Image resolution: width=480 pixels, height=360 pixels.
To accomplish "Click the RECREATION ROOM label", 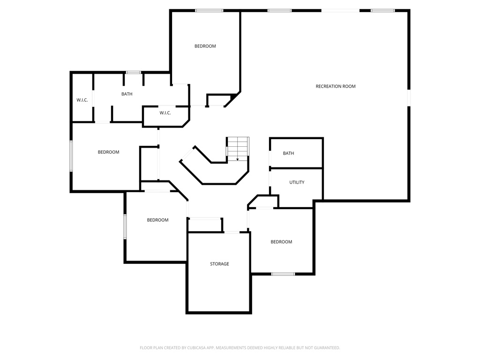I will click(x=335, y=86).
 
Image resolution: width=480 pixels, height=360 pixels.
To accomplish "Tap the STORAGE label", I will click(x=219, y=264).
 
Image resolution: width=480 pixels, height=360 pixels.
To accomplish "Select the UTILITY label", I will click(x=297, y=182).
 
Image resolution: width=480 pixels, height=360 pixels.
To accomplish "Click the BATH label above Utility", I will click(x=288, y=153).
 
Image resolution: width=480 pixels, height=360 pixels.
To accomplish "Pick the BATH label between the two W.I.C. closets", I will click(x=127, y=94).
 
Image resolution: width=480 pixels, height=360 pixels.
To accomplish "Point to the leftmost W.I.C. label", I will click(x=82, y=100).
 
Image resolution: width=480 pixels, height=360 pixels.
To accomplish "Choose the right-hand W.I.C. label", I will click(x=165, y=113).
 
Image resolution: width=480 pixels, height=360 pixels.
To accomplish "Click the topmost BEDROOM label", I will click(x=205, y=46).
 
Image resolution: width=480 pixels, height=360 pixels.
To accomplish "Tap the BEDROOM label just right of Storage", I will click(x=281, y=242).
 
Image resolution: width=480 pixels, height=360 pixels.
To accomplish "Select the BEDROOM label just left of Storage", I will click(x=157, y=220).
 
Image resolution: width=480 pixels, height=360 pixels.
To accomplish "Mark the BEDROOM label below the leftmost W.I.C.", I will click(x=108, y=152).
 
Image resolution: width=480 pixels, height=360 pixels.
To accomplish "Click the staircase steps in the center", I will click(x=238, y=148).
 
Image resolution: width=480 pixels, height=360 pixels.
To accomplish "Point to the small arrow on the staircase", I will click(x=238, y=159).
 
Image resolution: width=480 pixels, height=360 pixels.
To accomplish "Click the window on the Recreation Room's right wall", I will click(x=409, y=97).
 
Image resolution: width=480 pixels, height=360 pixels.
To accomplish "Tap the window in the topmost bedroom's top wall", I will click(x=209, y=10).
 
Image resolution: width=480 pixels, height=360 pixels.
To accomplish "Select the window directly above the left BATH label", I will click(x=134, y=72).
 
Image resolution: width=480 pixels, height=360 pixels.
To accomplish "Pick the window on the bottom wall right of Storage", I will click(x=283, y=274).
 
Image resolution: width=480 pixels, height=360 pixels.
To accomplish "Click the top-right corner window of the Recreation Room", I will click(x=382, y=10).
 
